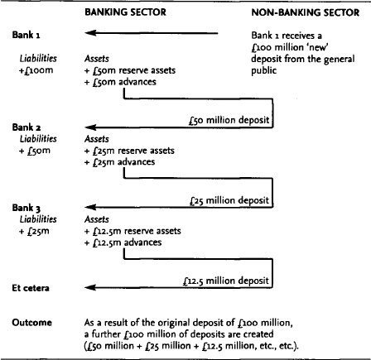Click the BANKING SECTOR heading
(125, 12)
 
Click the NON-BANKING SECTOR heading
(306, 12)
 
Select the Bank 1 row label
(26, 35)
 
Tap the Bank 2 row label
(26, 127)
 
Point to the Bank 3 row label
(26, 208)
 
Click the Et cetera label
(31, 288)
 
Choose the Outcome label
(31, 323)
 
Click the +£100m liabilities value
(36, 70)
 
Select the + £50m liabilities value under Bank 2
(35, 151)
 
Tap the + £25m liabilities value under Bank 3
(34, 231)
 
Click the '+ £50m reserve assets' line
(130, 70)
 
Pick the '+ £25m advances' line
(119, 162)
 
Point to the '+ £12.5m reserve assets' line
(132, 231)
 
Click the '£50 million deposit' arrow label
(229, 120)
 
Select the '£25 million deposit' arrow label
(229, 200)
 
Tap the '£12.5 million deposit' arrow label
(226, 281)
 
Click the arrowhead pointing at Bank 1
(90, 33)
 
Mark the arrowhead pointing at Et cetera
(90, 288)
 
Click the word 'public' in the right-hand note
(263, 71)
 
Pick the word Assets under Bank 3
(97, 219)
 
